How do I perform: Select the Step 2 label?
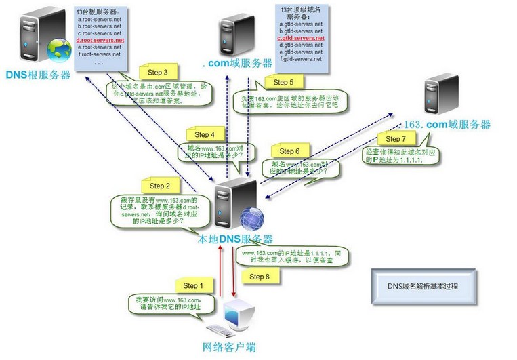tap(160, 186)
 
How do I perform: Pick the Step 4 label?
tap(210, 134)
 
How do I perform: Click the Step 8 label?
tap(260, 277)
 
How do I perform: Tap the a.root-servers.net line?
tap(99, 20)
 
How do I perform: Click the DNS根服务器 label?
tap(39, 75)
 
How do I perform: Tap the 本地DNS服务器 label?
tap(235, 239)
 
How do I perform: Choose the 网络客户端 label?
tap(230, 347)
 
